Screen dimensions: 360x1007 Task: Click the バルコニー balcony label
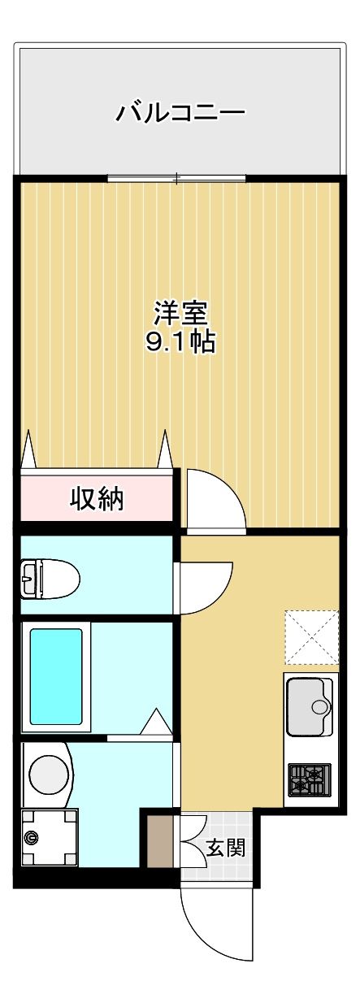click(180, 111)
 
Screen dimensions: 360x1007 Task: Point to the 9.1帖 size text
click(180, 342)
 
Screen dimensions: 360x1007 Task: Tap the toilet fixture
click(50, 578)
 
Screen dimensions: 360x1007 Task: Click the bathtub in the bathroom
click(56, 679)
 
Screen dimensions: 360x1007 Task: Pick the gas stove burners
click(309, 780)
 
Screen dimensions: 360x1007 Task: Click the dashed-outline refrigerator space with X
click(311, 637)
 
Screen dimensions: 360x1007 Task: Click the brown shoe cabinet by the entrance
click(159, 837)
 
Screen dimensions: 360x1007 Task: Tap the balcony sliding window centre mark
click(177, 179)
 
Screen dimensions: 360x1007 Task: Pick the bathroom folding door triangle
click(156, 721)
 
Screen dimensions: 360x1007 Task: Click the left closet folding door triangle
click(28, 449)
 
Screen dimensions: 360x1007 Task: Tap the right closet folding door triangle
click(165, 449)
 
